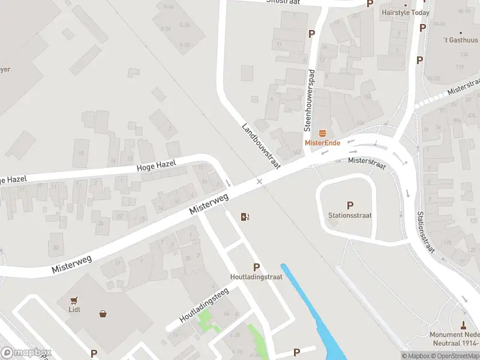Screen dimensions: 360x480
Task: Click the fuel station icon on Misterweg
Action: (x=244, y=217)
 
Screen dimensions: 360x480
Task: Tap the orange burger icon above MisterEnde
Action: (x=323, y=133)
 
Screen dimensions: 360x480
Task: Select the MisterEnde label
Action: (x=323, y=142)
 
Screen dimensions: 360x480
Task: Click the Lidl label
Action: (x=74, y=310)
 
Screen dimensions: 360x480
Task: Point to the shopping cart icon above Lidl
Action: (x=74, y=301)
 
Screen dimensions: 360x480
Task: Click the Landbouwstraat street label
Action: (x=261, y=146)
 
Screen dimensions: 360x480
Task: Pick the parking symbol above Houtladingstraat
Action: (x=256, y=268)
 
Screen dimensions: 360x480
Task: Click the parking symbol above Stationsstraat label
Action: (x=350, y=205)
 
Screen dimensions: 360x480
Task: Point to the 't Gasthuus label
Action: (x=459, y=40)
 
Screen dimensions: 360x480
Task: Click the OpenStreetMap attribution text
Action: (x=454, y=356)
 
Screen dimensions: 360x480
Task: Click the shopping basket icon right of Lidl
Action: (x=103, y=313)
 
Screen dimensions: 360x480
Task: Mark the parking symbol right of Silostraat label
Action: (x=370, y=4)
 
